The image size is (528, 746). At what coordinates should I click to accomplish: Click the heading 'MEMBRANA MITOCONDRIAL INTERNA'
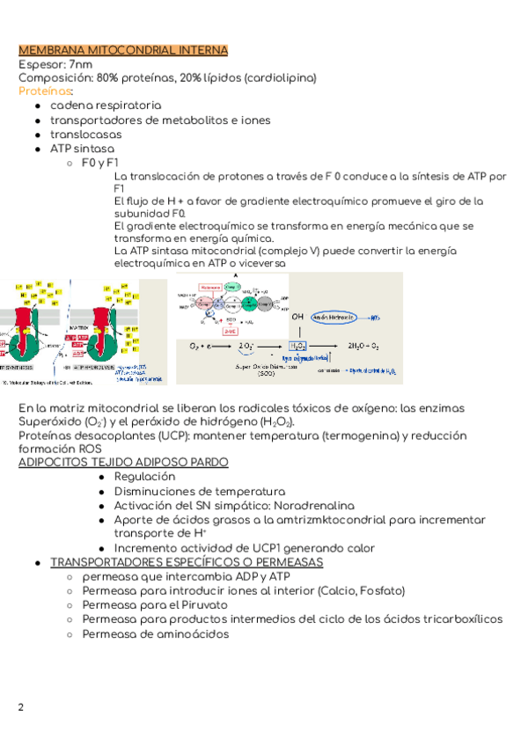(123, 50)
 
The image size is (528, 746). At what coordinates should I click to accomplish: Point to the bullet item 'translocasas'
(85, 135)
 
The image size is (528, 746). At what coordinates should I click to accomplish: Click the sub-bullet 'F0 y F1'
(99, 163)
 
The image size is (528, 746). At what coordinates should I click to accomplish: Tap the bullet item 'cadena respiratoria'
(106, 106)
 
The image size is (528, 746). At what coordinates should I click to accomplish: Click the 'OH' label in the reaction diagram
(297, 317)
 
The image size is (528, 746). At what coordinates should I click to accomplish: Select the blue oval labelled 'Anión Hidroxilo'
(333, 317)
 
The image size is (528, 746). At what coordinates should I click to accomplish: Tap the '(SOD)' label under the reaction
(266, 373)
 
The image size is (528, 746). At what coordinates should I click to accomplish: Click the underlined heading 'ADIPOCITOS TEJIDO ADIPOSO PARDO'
(123, 462)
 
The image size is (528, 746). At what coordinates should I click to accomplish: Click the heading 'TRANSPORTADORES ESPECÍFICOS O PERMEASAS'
(187, 562)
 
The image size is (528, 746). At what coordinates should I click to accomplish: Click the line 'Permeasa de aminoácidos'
(155, 633)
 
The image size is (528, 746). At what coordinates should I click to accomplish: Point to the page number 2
(21, 707)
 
